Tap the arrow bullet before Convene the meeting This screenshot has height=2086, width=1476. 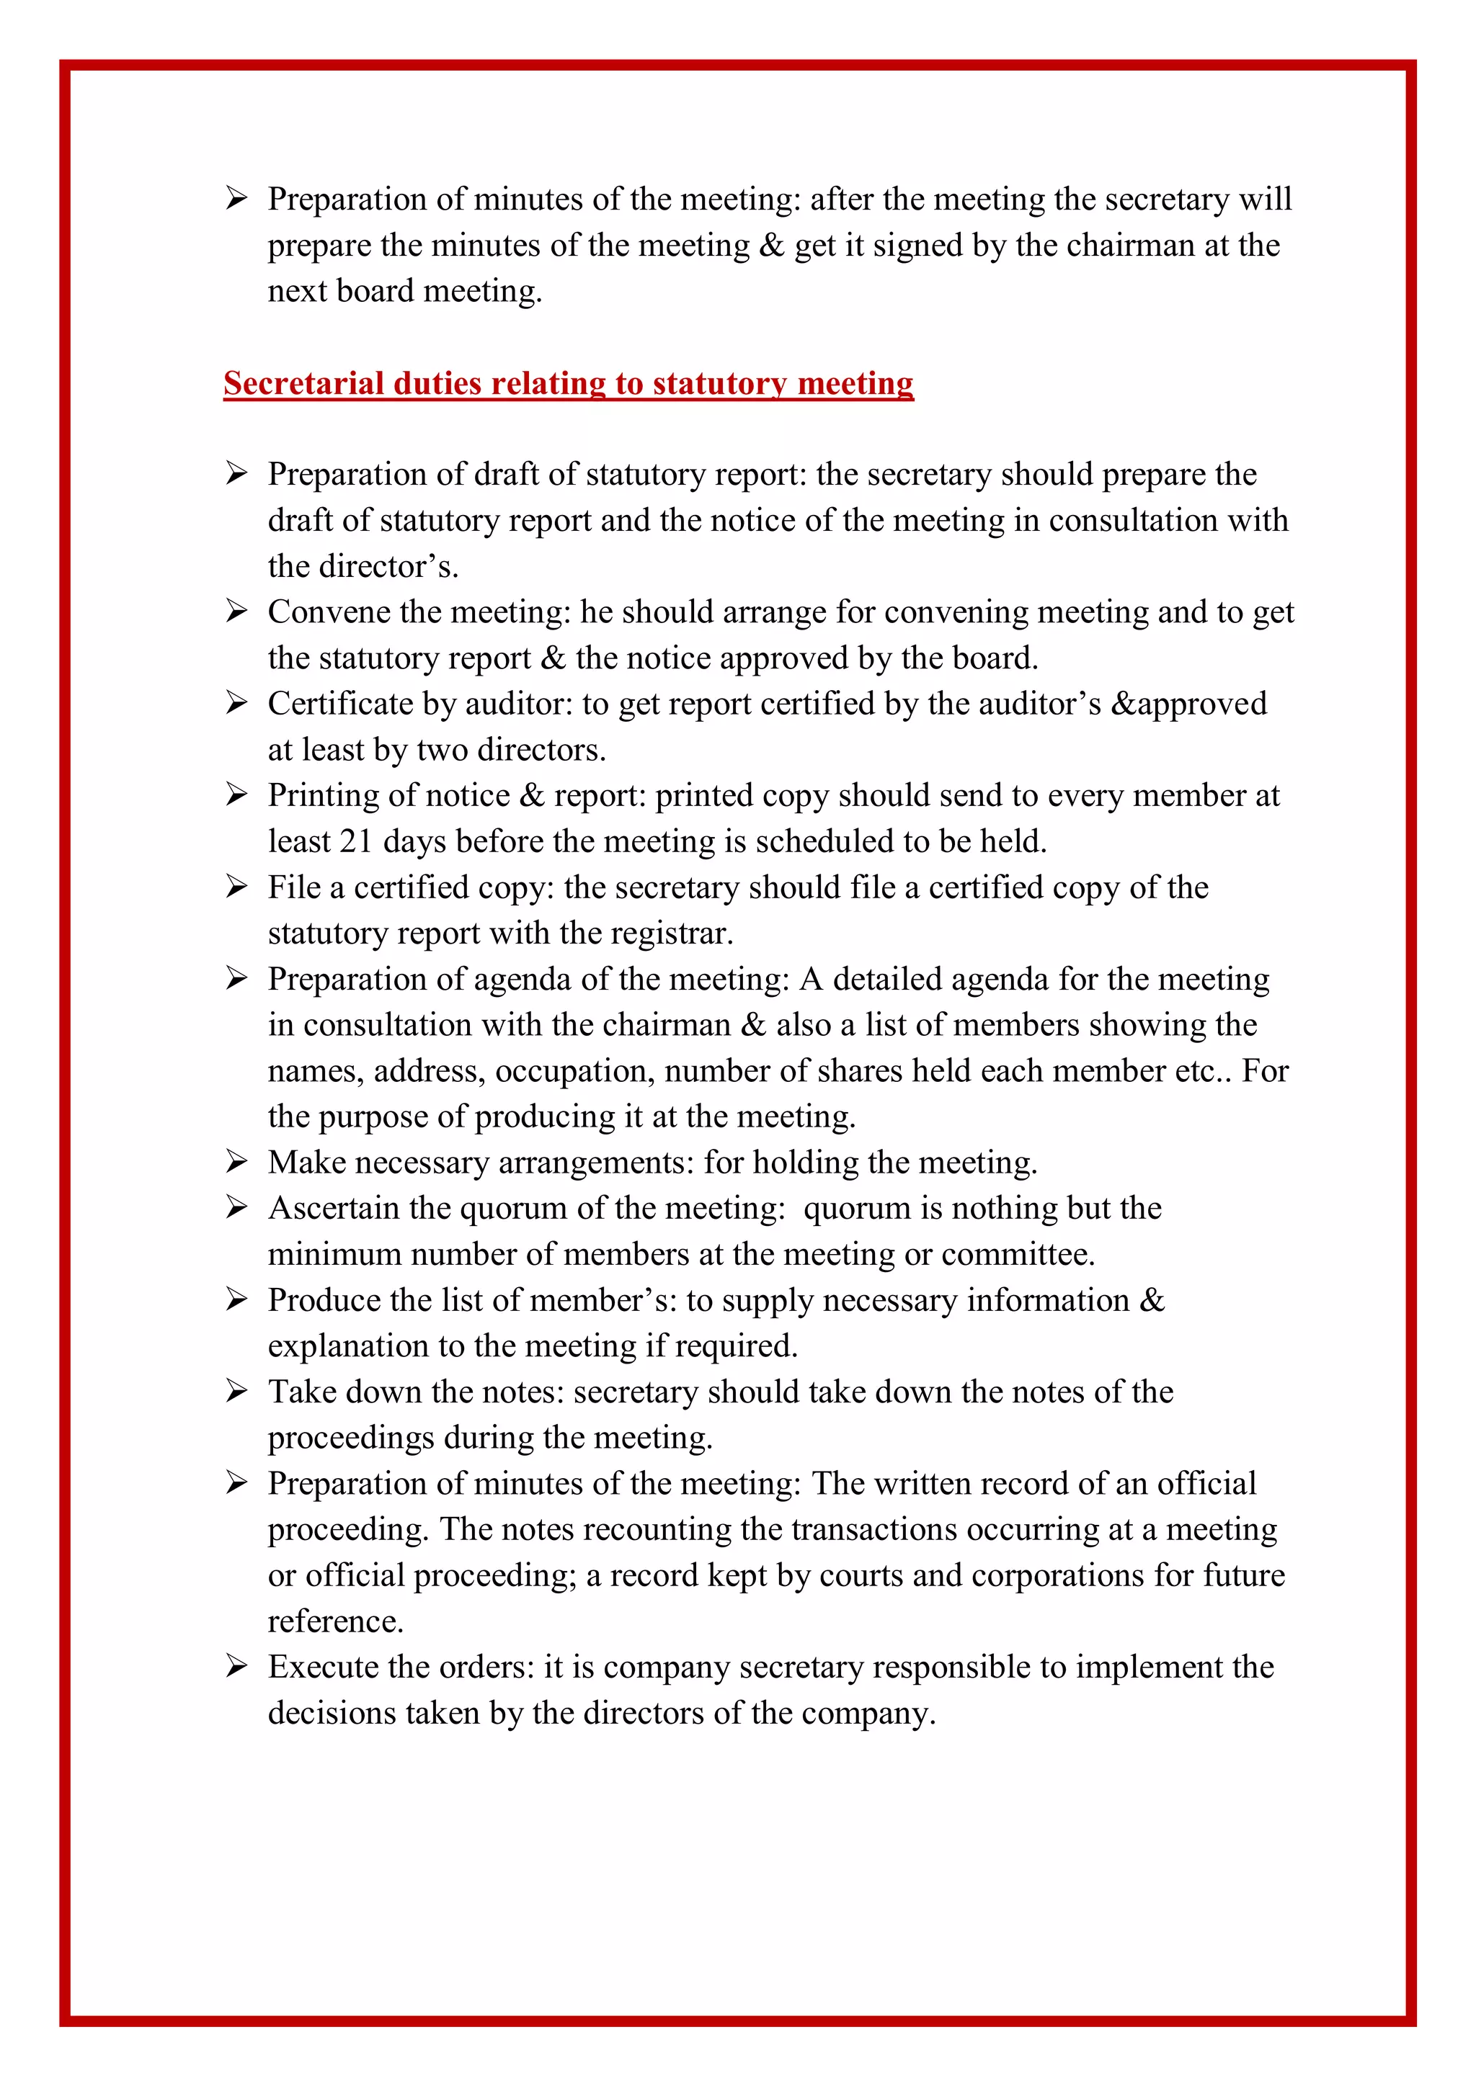point(236,612)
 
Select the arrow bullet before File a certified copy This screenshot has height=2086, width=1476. point(236,887)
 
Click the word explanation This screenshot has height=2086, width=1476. point(348,1346)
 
